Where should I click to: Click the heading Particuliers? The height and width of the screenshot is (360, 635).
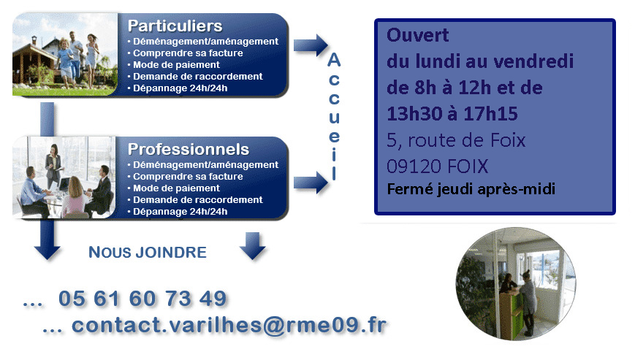click(x=175, y=26)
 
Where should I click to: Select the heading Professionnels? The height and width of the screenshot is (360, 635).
click(x=189, y=150)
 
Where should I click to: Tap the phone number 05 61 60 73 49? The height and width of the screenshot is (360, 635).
click(x=142, y=299)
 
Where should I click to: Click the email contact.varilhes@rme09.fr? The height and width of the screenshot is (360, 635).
click(x=229, y=325)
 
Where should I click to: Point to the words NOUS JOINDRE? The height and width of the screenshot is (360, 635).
click(x=148, y=253)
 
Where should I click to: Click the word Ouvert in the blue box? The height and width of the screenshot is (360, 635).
click(x=417, y=35)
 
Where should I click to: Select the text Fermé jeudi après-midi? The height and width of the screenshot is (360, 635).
click(x=471, y=189)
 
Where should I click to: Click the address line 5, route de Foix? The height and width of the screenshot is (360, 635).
click(x=456, y=140)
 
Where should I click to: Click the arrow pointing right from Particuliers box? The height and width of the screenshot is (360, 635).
click(x=311, y=45)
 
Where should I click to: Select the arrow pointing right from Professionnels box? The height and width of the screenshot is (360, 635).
click(x=311, y=183)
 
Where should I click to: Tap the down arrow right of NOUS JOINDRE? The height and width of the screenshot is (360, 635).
click(x=253, y=245)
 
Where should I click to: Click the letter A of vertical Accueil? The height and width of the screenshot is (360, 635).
click(x=334, y=61)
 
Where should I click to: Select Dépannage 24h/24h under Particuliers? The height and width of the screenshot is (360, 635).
click(x=180, y=88)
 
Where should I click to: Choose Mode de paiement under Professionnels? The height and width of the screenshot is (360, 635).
click(x=176, y=188)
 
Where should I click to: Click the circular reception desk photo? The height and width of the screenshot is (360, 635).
click(x=516, y=283)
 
